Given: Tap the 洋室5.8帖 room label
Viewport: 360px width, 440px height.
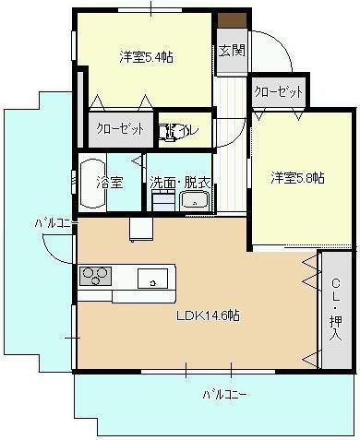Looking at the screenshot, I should (297, 176).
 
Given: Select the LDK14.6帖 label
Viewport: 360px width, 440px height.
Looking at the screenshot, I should (209, 315).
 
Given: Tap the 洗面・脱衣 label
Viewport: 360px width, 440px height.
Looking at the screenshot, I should (179, 183).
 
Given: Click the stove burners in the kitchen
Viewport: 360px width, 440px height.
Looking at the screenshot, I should (95, 274).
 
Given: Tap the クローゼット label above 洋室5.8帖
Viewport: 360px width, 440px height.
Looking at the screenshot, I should (279, 91).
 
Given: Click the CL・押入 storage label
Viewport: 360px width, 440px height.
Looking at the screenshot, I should (335, 309).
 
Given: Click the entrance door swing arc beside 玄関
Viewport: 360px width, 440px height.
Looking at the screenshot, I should (275, 52).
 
